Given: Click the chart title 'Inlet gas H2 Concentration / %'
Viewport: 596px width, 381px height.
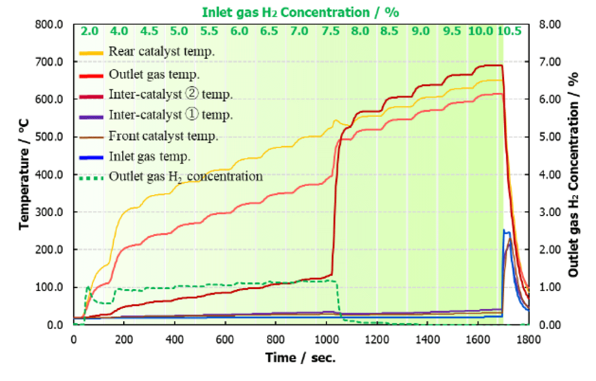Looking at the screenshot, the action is [x=300, y=12].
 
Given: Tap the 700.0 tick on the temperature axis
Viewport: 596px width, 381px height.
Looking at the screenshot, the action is [x=49, y=62].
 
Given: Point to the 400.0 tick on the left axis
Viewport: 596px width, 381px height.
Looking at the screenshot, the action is [x=49, y=175].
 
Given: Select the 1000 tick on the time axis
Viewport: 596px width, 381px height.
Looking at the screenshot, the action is [x=326, y=340].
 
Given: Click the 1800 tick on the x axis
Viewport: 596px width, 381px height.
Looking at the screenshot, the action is [x=528, y=340].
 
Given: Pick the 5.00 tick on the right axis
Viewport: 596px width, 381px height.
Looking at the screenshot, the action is [x=550, y=137].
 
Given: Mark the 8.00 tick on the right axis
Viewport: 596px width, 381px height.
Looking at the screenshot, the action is [x=550, y=24].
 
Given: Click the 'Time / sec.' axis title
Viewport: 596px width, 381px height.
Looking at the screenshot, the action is [x=300, y=358].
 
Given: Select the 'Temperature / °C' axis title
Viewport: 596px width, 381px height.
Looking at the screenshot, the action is [x=24, y=174].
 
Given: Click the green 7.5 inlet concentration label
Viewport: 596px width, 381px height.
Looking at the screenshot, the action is [x=330, y=31].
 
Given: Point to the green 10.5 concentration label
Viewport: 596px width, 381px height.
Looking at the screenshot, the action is [x=509, y=31].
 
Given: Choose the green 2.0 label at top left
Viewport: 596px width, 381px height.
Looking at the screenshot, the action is [x=90, y=31].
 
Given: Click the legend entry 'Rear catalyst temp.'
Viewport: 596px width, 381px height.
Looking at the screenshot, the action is [x=161, y=51].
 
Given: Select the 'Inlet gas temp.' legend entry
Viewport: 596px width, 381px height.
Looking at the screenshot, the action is [x=149, y=156].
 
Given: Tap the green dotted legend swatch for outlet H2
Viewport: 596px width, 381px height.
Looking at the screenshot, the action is [x=91, y=178].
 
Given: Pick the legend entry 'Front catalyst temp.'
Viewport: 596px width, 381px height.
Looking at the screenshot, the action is [x=163, y=136].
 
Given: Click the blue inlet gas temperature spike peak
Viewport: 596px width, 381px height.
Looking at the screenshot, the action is [x=504, y=230].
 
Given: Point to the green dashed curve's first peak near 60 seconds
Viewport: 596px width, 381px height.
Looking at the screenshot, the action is [x=88, y=287].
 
